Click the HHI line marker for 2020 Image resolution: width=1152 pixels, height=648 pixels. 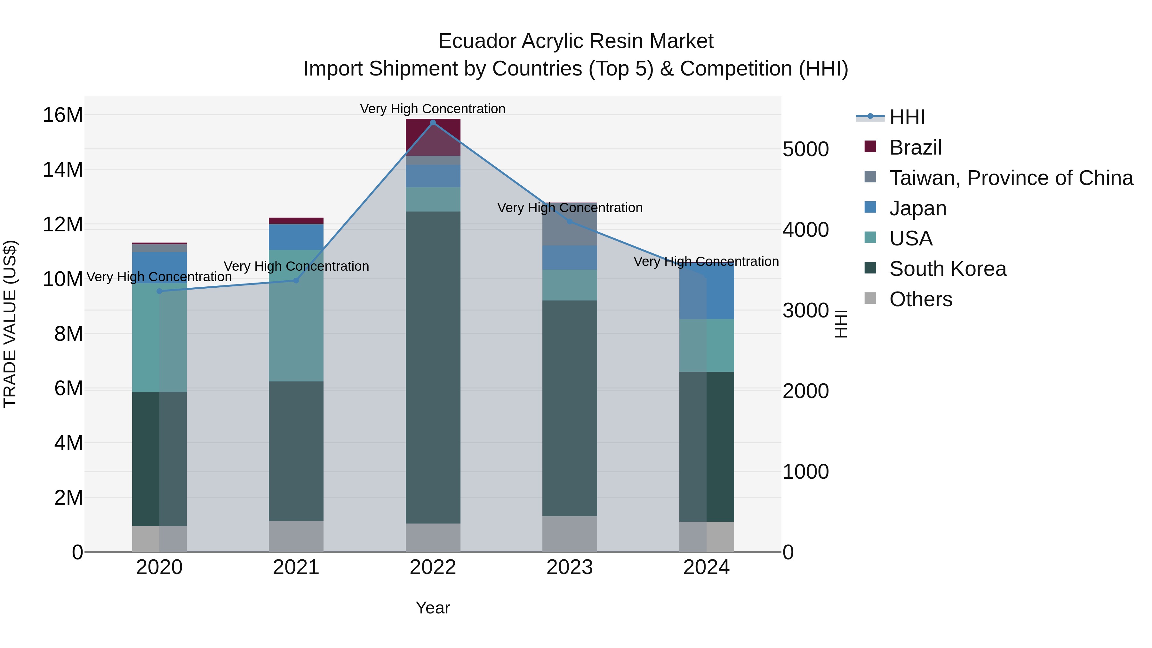(x=160, y=291)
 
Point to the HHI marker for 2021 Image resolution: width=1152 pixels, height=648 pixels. (x=296, y=280)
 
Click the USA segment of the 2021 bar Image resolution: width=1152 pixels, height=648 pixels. (x=296, y=315)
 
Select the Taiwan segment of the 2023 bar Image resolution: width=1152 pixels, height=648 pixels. (x=569, y=224)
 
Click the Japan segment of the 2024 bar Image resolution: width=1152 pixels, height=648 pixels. (x=707, y=291)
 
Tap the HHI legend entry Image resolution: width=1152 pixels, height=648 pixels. (x=907, y=117)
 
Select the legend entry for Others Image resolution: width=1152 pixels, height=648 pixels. (x=920, y=299)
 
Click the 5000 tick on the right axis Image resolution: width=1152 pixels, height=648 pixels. (x=805, y=149)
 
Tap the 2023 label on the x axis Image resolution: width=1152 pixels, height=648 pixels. (x=569, y=567)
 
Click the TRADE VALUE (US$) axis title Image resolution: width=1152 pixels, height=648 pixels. (x=10, y=324)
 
